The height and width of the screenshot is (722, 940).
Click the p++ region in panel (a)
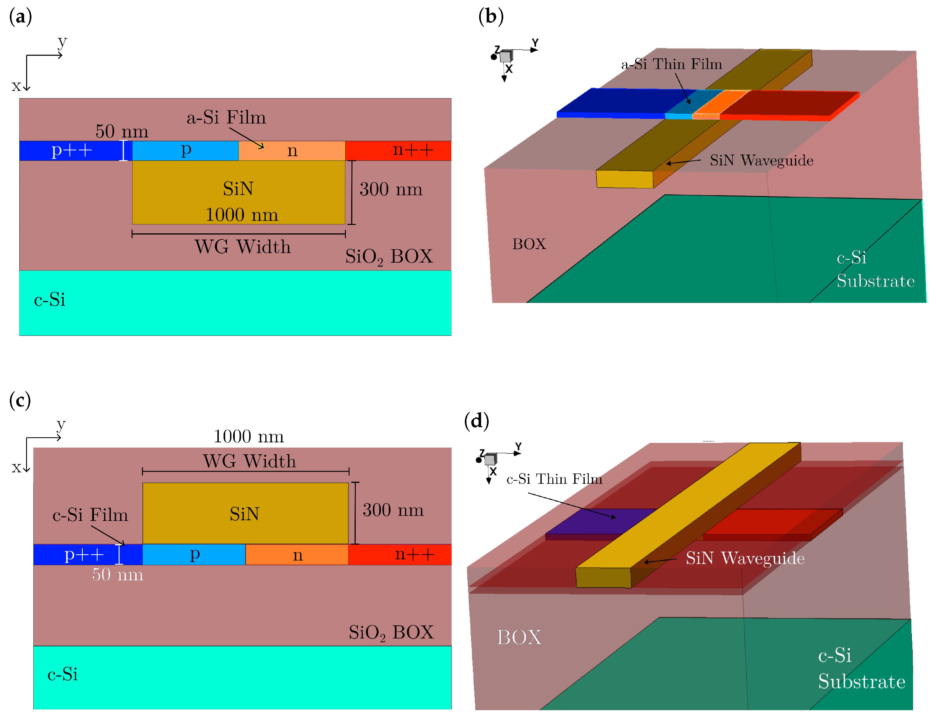[x=71, y=150]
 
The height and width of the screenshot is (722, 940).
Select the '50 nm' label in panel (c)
[x=117, y=574]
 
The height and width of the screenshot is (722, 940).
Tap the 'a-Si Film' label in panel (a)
[x=226, y=117]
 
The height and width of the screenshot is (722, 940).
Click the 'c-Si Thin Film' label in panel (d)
[x=554, y=479]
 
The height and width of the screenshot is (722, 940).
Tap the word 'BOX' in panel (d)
[x=519, y=637]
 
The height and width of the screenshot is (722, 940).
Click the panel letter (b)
[x=490, y=17]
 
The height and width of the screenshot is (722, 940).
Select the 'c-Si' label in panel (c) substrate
[x=62, y=674]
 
